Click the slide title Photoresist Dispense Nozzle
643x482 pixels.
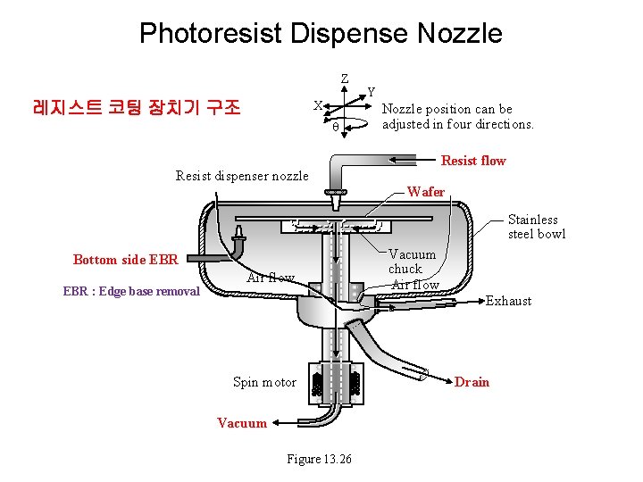click(x=321, y=34)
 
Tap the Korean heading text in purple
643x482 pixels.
click(x=137, y=108)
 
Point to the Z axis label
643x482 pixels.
click(x=345, y=79)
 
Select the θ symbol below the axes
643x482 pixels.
click(x=335, y=127)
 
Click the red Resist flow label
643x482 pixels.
click(x=473, y=161)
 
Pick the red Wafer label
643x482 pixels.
click(x=425, y=192)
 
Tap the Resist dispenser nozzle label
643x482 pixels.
click(x=241, y=176)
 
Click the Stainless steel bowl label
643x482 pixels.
click(x=536, y=227)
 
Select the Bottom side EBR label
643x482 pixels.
click(x=126, y=260)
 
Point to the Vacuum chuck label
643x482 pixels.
click(x=412, y=262)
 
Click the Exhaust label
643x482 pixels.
click(x=508, y=301)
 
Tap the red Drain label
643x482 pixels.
click(x=472, y=382)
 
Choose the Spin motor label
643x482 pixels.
click(x=264, y=382)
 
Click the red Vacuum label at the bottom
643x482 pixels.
click(x=241, y=423)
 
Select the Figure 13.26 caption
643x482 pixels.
click(x=319, y=459)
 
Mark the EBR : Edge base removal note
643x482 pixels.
click(x=131, y=291)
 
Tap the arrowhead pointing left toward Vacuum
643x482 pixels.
click(x=277, y=423)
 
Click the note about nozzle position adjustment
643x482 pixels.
click(x=457, y=117)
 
